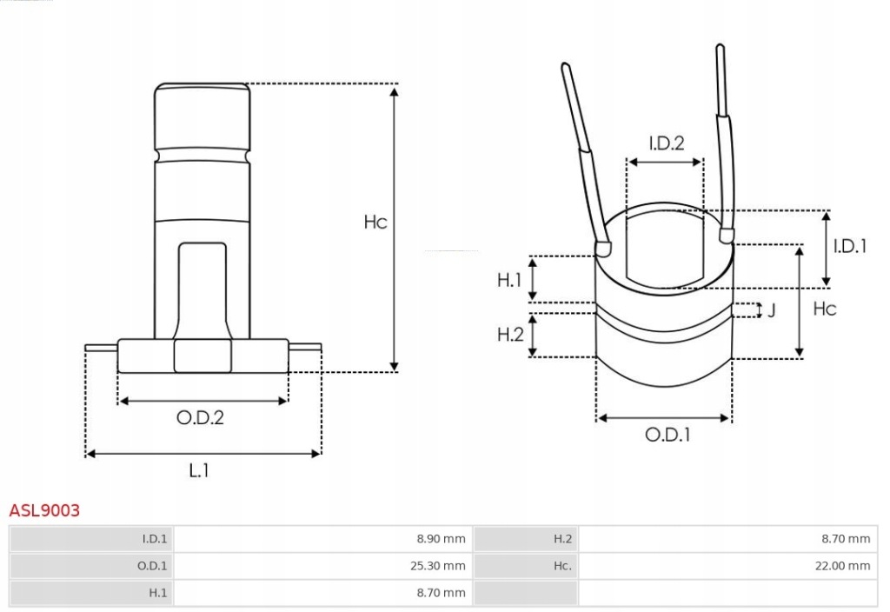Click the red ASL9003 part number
point(44,510)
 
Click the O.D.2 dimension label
point(200,418)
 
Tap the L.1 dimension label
point(199,470)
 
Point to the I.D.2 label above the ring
point(666,143)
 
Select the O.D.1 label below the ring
point(667,435)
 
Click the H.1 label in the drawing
point(509,280)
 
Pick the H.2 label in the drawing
point(509,334)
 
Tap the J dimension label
point(771,310)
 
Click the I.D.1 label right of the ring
point(849,246)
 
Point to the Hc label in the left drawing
point(375,223)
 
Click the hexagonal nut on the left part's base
point(203,356)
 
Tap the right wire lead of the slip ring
point(723,139)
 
